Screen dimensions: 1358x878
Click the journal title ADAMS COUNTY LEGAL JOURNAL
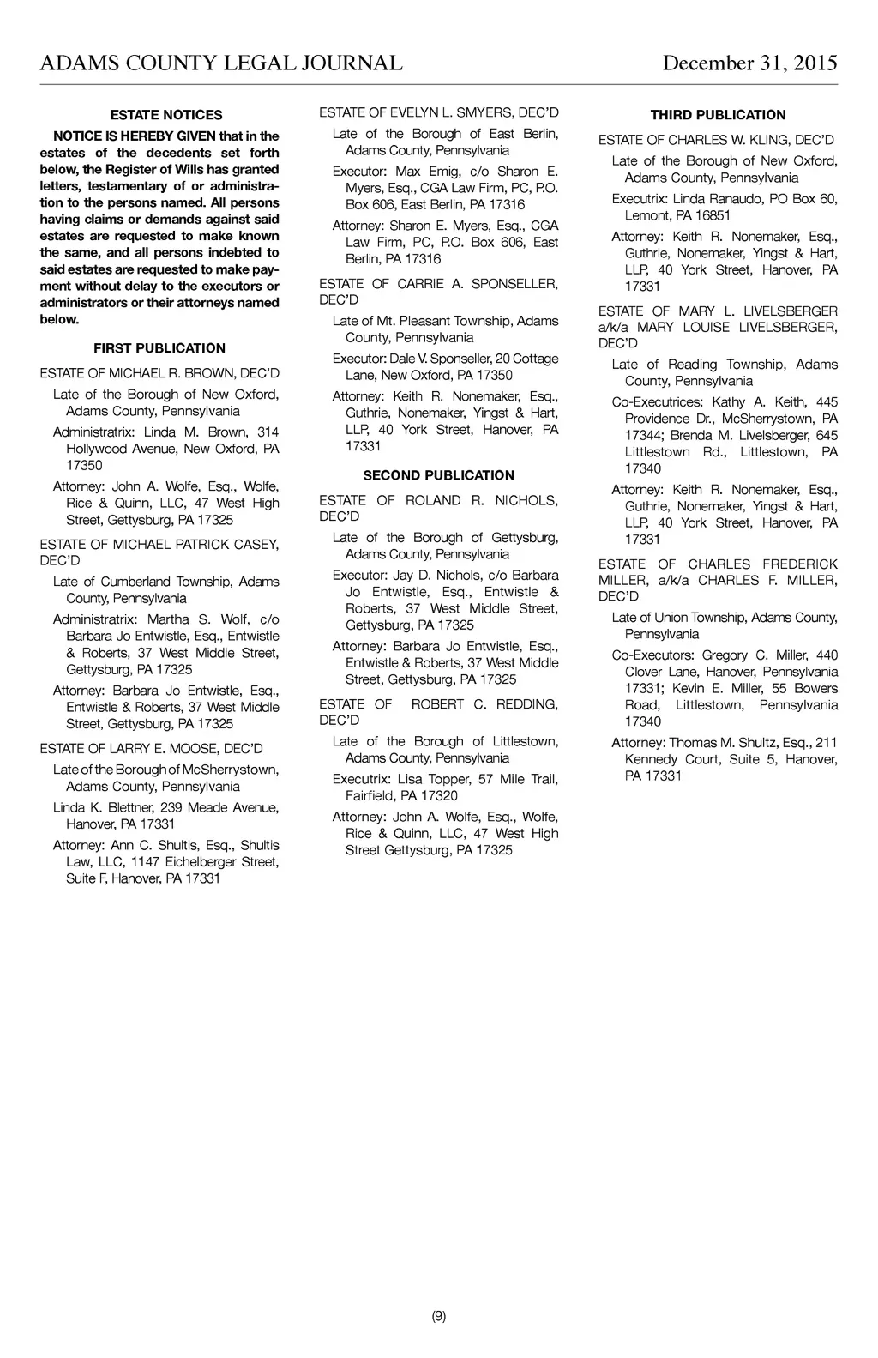tap(221, 63)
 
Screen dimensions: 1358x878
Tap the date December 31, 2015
tap(749, 63)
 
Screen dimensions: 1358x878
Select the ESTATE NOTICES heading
tap(166, 115)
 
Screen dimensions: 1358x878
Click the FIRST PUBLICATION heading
tap(159, 348)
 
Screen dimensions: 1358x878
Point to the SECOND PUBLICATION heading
tap(439, 475)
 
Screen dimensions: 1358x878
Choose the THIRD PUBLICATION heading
tap(718, 115)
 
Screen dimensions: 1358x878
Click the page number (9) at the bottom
tap(439, 1317)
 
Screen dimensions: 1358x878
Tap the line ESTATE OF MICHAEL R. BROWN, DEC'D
tap(159, 373)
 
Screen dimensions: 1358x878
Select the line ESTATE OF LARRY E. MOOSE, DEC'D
tap(151, 749)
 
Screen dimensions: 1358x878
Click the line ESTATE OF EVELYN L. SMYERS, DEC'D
tap(439, 112)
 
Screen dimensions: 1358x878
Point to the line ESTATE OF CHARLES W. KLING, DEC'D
tap(716, 140)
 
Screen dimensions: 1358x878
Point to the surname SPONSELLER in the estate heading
tap(514, 284)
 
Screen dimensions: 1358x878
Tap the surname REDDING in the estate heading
tap(526, 704)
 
